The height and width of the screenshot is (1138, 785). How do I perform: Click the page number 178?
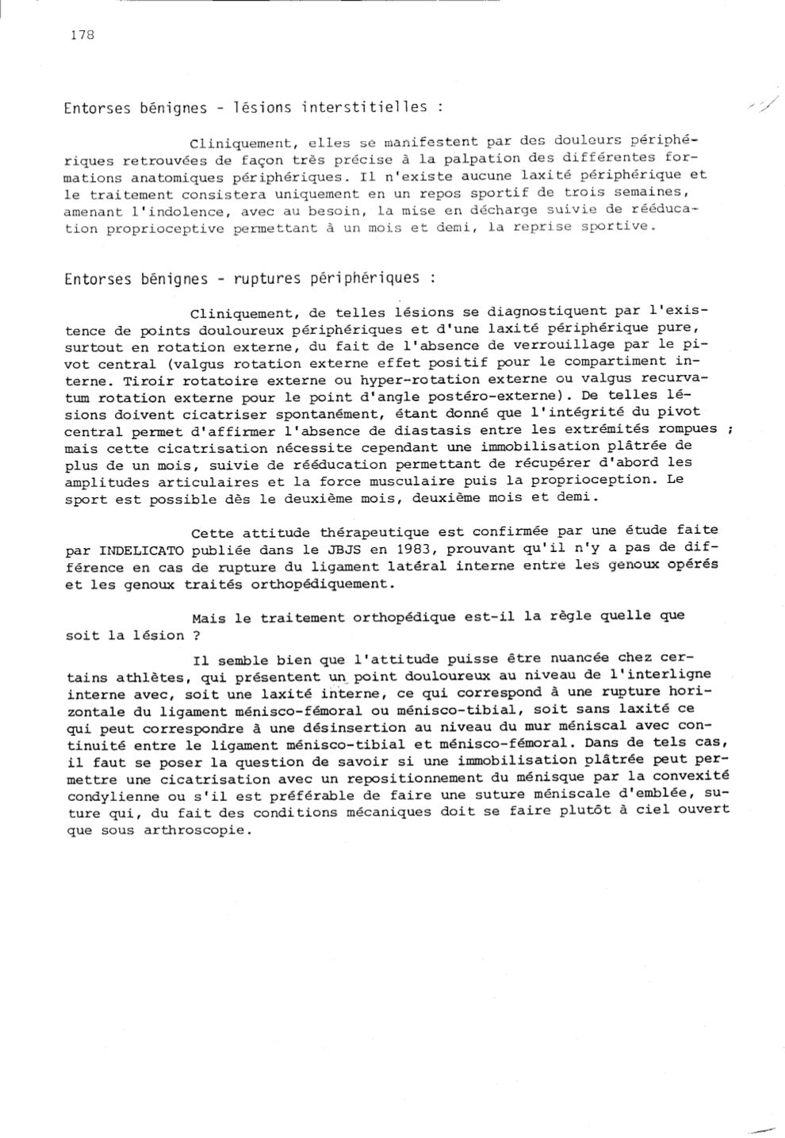82,35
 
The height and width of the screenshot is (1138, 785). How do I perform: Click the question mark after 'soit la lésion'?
196,635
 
